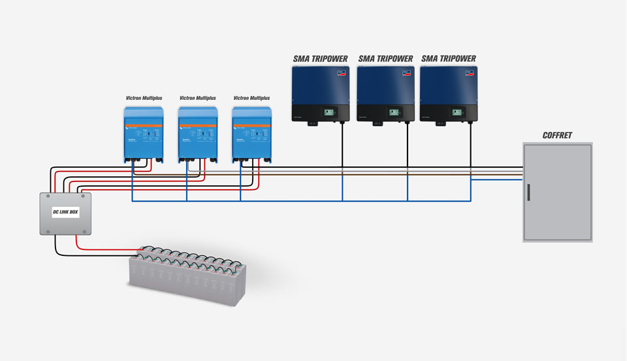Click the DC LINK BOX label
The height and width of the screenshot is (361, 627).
coord(65,213)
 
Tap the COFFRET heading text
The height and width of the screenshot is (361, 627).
coord(557,135)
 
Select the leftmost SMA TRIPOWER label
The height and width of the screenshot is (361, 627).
coord(320,59)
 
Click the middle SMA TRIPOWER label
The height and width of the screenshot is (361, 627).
coord(385,59)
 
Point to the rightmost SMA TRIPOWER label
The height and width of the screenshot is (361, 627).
coord(449,59)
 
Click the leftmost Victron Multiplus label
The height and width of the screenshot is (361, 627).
coord(144,98)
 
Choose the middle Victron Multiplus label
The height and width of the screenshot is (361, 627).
coord(198,98)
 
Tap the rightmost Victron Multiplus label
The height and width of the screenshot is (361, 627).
coord(251,98)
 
